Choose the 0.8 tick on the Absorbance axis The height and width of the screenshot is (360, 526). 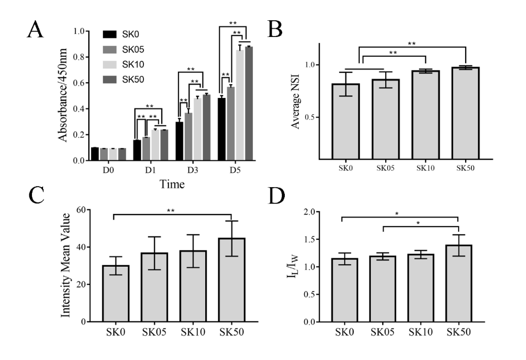point(79,57)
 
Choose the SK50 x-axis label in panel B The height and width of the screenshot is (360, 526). point(465,168)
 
